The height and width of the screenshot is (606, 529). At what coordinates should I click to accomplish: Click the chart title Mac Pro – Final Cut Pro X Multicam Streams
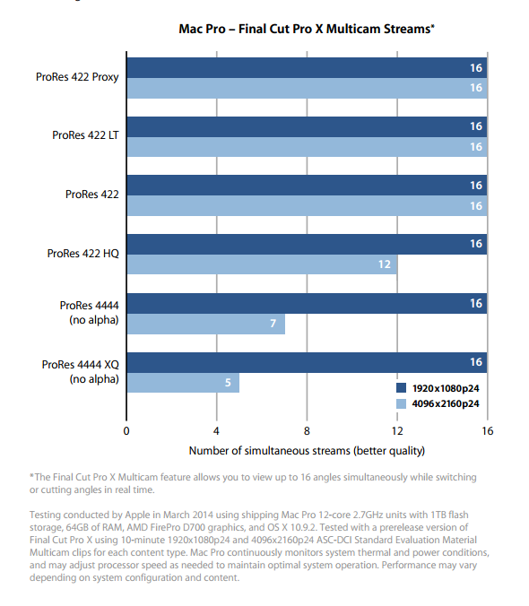pos(307,29)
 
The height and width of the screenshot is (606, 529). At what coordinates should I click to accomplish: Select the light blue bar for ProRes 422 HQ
pos(262,264)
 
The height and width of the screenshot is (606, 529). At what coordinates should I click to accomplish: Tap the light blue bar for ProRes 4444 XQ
pos(183,383)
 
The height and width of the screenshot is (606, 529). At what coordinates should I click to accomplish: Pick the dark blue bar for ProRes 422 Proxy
pos(307,67)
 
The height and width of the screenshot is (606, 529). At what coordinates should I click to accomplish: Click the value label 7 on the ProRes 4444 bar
pos(273,323)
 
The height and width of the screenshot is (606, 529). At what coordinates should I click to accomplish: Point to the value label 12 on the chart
pos(385,264)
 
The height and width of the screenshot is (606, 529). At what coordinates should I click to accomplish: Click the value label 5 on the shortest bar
pos(228,383)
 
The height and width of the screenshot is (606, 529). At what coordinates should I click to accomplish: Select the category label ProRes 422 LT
pos(85,135)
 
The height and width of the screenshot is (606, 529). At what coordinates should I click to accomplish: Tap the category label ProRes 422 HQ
pos(83,254)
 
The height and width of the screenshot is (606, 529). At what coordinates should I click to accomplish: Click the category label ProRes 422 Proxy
pos(77,77)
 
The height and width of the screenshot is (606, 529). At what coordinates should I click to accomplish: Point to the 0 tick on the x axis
pos(126,431)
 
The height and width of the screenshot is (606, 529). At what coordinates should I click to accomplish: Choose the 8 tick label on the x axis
pos(307,431)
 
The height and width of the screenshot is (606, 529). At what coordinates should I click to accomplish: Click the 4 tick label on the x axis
pos(216,431)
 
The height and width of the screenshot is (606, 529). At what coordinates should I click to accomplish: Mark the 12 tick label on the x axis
pos(397,431)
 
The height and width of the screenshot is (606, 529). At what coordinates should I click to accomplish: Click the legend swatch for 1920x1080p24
pos(401,388)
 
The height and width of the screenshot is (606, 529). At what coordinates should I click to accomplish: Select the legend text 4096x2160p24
pos(446,404)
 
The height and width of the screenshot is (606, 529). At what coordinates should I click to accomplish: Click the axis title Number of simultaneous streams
pos(307,451)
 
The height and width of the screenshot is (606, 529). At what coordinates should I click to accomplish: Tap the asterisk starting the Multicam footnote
pos(31,475)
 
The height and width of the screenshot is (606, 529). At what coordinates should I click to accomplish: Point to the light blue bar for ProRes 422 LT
pos(307,147)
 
